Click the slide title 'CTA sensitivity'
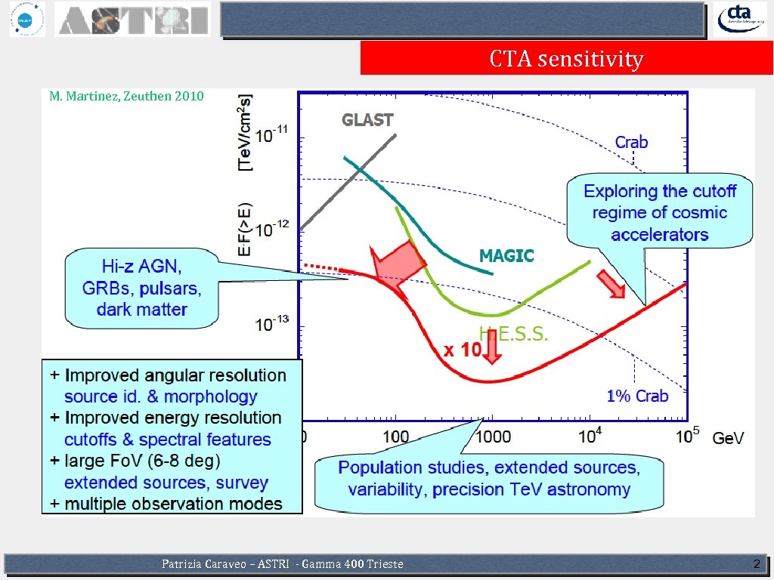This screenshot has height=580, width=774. pyautogui.click(x=566, y=58)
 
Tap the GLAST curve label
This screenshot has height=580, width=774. pyautogui.click(x=367, y=119)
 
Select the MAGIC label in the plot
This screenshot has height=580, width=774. pyautogui.click(x=506, y=256)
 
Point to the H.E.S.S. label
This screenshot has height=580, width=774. pyautogui.click(x=513, y=333)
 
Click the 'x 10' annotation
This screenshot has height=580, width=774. pyautogui.click(x=462, y=350)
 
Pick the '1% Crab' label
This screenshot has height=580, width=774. pyautogui.click(x=637, y=395)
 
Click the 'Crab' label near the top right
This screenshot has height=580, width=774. pyautogui.click(x=631, y=142)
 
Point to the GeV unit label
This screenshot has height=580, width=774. pyautogui.click(x=728, y=437)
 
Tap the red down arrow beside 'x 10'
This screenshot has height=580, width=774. pyautogui.click(x=491, y=348)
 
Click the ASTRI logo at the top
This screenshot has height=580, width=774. pyautogui.click(x=133, y=20)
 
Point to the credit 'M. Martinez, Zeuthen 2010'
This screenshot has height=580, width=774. pyautogui.click(x=126, y=96)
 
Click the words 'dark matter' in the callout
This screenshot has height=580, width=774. pyautogui.click(x=141, y=309)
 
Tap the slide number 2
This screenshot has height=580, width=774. pyautogui.click(x=757, y=564)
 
